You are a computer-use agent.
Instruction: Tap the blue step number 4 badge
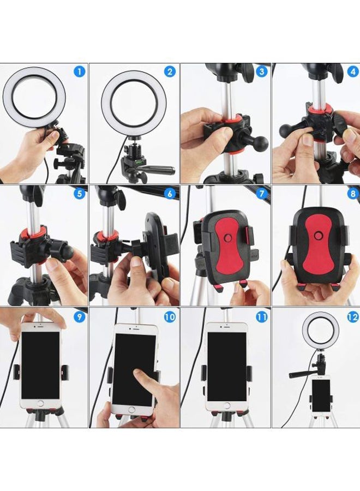(x=353, y=71)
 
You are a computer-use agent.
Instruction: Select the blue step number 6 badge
(x=171, y=194)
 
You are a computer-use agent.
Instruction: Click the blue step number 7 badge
(x=262, y=194)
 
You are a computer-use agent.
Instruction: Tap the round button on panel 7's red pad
(x=229, y=239)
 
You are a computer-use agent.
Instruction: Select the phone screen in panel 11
(x=226, y=366)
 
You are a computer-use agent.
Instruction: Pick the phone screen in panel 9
(x=40, y=364)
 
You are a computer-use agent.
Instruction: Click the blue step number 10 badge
(x=170, y=316)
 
